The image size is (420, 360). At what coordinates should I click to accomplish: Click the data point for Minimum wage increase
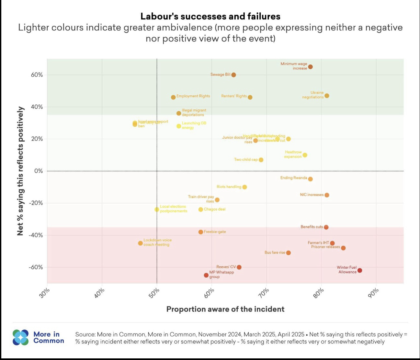pos(310,67)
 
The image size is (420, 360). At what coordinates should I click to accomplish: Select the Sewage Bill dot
pos(233,75)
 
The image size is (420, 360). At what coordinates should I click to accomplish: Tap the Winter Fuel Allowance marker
pos(359,270)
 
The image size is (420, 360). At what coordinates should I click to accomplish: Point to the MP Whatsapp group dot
pos(206,275)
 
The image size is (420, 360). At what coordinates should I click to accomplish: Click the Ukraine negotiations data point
pos(327,96)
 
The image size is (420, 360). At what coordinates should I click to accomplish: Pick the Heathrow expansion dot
pos(305,155)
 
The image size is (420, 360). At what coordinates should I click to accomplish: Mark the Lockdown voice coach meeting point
pos(140,243)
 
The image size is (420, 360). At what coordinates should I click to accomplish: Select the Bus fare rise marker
pos(289,253)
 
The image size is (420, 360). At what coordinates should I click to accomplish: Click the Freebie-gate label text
pos(215,232)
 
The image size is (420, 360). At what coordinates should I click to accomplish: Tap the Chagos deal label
pos(215,209)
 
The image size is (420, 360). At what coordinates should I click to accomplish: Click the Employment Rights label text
pos(193,96)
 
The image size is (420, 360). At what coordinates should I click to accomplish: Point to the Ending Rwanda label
pos(293,178)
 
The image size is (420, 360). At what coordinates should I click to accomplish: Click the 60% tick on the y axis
pos(37,75)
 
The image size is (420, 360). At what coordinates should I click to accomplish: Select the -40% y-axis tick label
pos(36,235)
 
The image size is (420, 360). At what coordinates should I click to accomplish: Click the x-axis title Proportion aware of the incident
pos(225,309)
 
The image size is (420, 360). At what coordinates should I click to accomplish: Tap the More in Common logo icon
pos(21,337)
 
